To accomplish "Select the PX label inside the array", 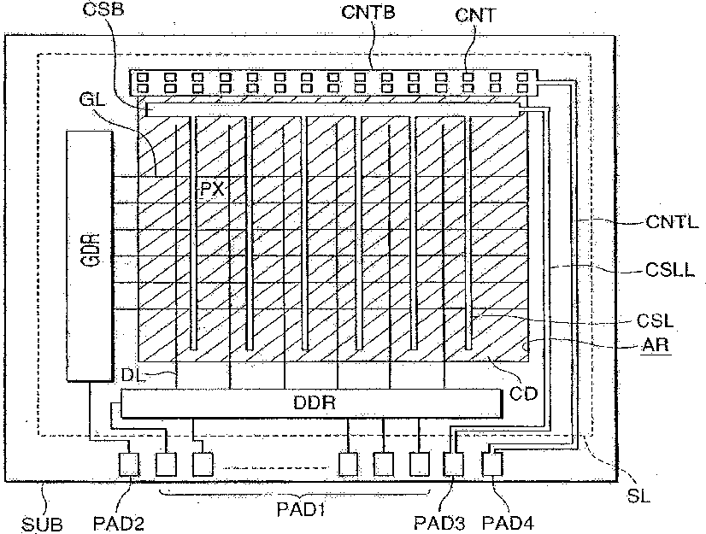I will [212, 190].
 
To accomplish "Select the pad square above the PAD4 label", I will [492, 464].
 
